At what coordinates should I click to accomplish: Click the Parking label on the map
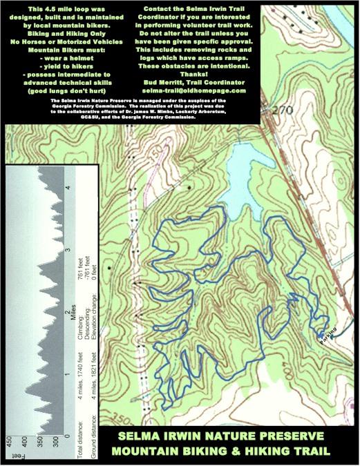tap(328, 333)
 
